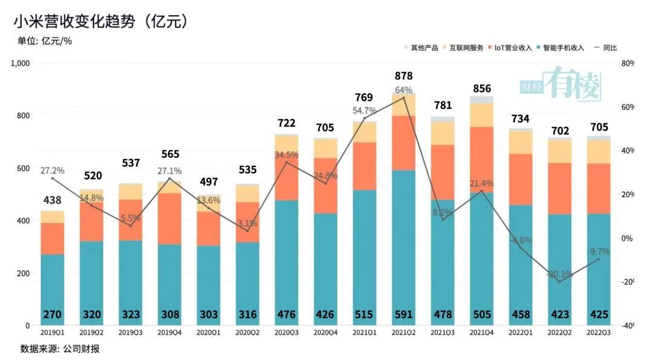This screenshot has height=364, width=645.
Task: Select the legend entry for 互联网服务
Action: click(466, 48)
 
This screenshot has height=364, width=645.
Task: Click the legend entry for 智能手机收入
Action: click(563, 48)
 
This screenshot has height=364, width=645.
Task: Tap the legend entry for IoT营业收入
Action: click(513, 48)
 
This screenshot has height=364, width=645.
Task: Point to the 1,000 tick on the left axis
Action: click(21, 63)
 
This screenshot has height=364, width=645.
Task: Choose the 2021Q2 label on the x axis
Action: click(403, 331)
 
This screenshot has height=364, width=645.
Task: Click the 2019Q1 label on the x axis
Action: click(52, 331)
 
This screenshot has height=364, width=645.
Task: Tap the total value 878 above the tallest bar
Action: click(403, 76)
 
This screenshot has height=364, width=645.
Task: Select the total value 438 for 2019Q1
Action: click(52, 200)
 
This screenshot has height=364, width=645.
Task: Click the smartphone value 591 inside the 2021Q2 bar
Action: click(403, 314)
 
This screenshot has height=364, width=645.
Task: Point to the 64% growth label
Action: click(403, 90)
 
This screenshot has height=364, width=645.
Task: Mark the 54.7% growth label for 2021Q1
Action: click(364, 111)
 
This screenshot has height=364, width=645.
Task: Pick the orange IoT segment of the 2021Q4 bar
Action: click(481, 159)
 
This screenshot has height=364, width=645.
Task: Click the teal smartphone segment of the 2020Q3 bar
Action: click(286, 254)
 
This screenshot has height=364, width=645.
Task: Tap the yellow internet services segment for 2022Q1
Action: click(521, 141)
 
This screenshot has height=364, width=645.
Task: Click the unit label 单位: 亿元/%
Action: click(46, 41)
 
